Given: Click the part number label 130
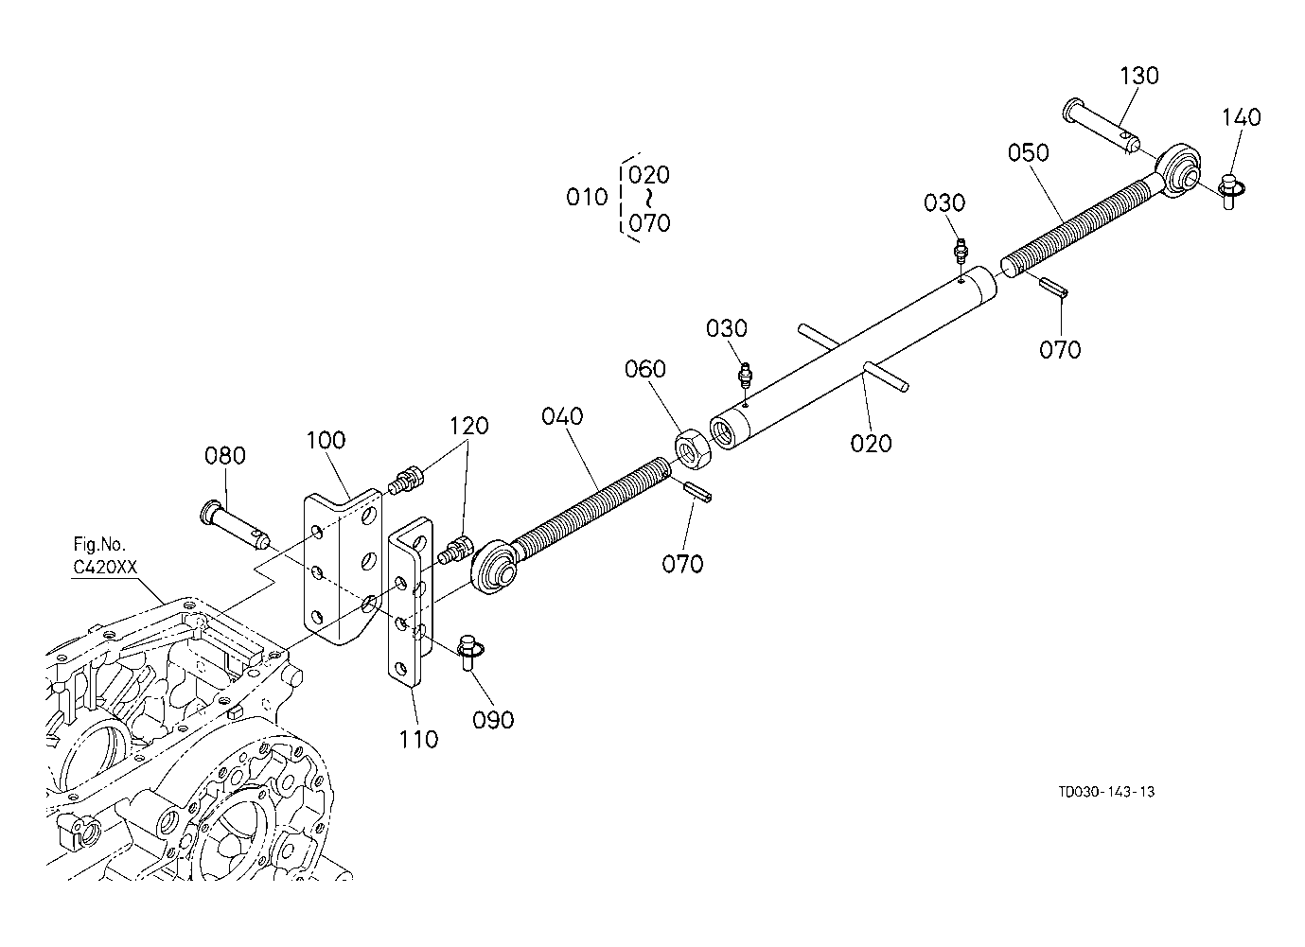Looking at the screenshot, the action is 1139,76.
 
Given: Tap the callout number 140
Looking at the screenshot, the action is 1241,117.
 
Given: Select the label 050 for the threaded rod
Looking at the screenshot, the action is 1029,152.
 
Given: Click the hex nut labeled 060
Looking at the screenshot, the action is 692,448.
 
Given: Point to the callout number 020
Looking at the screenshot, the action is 871,443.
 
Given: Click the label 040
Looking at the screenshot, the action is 562,416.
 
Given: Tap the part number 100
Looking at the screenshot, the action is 326,440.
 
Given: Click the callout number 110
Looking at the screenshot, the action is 418,739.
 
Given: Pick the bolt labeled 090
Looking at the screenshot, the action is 469,651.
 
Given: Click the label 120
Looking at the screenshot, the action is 468,426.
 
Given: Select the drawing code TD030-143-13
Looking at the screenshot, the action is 1106,792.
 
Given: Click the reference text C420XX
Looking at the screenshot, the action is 105,567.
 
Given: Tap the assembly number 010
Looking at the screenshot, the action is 587,198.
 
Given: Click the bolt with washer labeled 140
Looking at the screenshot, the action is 1230,189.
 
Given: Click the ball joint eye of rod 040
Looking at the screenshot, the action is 494,568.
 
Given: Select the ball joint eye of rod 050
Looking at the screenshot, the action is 1178,169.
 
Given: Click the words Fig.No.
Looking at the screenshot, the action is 99,545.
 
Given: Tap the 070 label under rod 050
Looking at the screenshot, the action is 1060,349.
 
